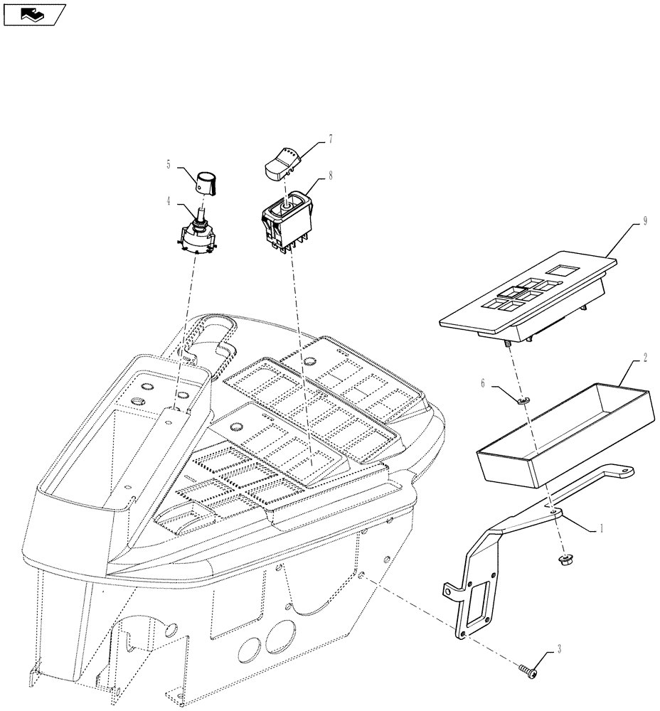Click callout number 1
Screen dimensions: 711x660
click(x=602, y=528)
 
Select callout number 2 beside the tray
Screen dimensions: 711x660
click(x=644, y=358)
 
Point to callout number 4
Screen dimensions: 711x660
click(x=169, y=201)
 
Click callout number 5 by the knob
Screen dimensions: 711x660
click(x=169, y=164)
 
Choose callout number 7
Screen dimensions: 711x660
click(x=329, y=141)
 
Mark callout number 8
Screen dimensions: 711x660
click(x=329, y=173)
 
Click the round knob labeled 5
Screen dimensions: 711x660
click(x=206, y=181)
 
